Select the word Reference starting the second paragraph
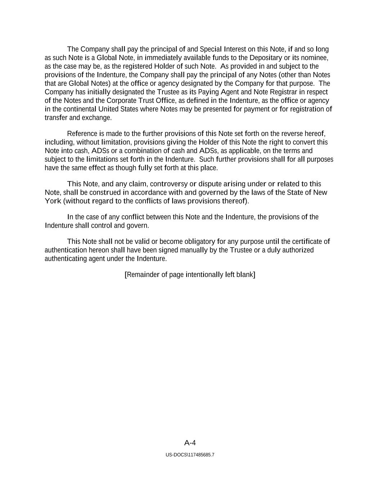[82, 134]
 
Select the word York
[53, 201]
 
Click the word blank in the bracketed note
[246, 275]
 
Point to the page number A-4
[190, 443]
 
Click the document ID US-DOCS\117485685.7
[190, 455]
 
